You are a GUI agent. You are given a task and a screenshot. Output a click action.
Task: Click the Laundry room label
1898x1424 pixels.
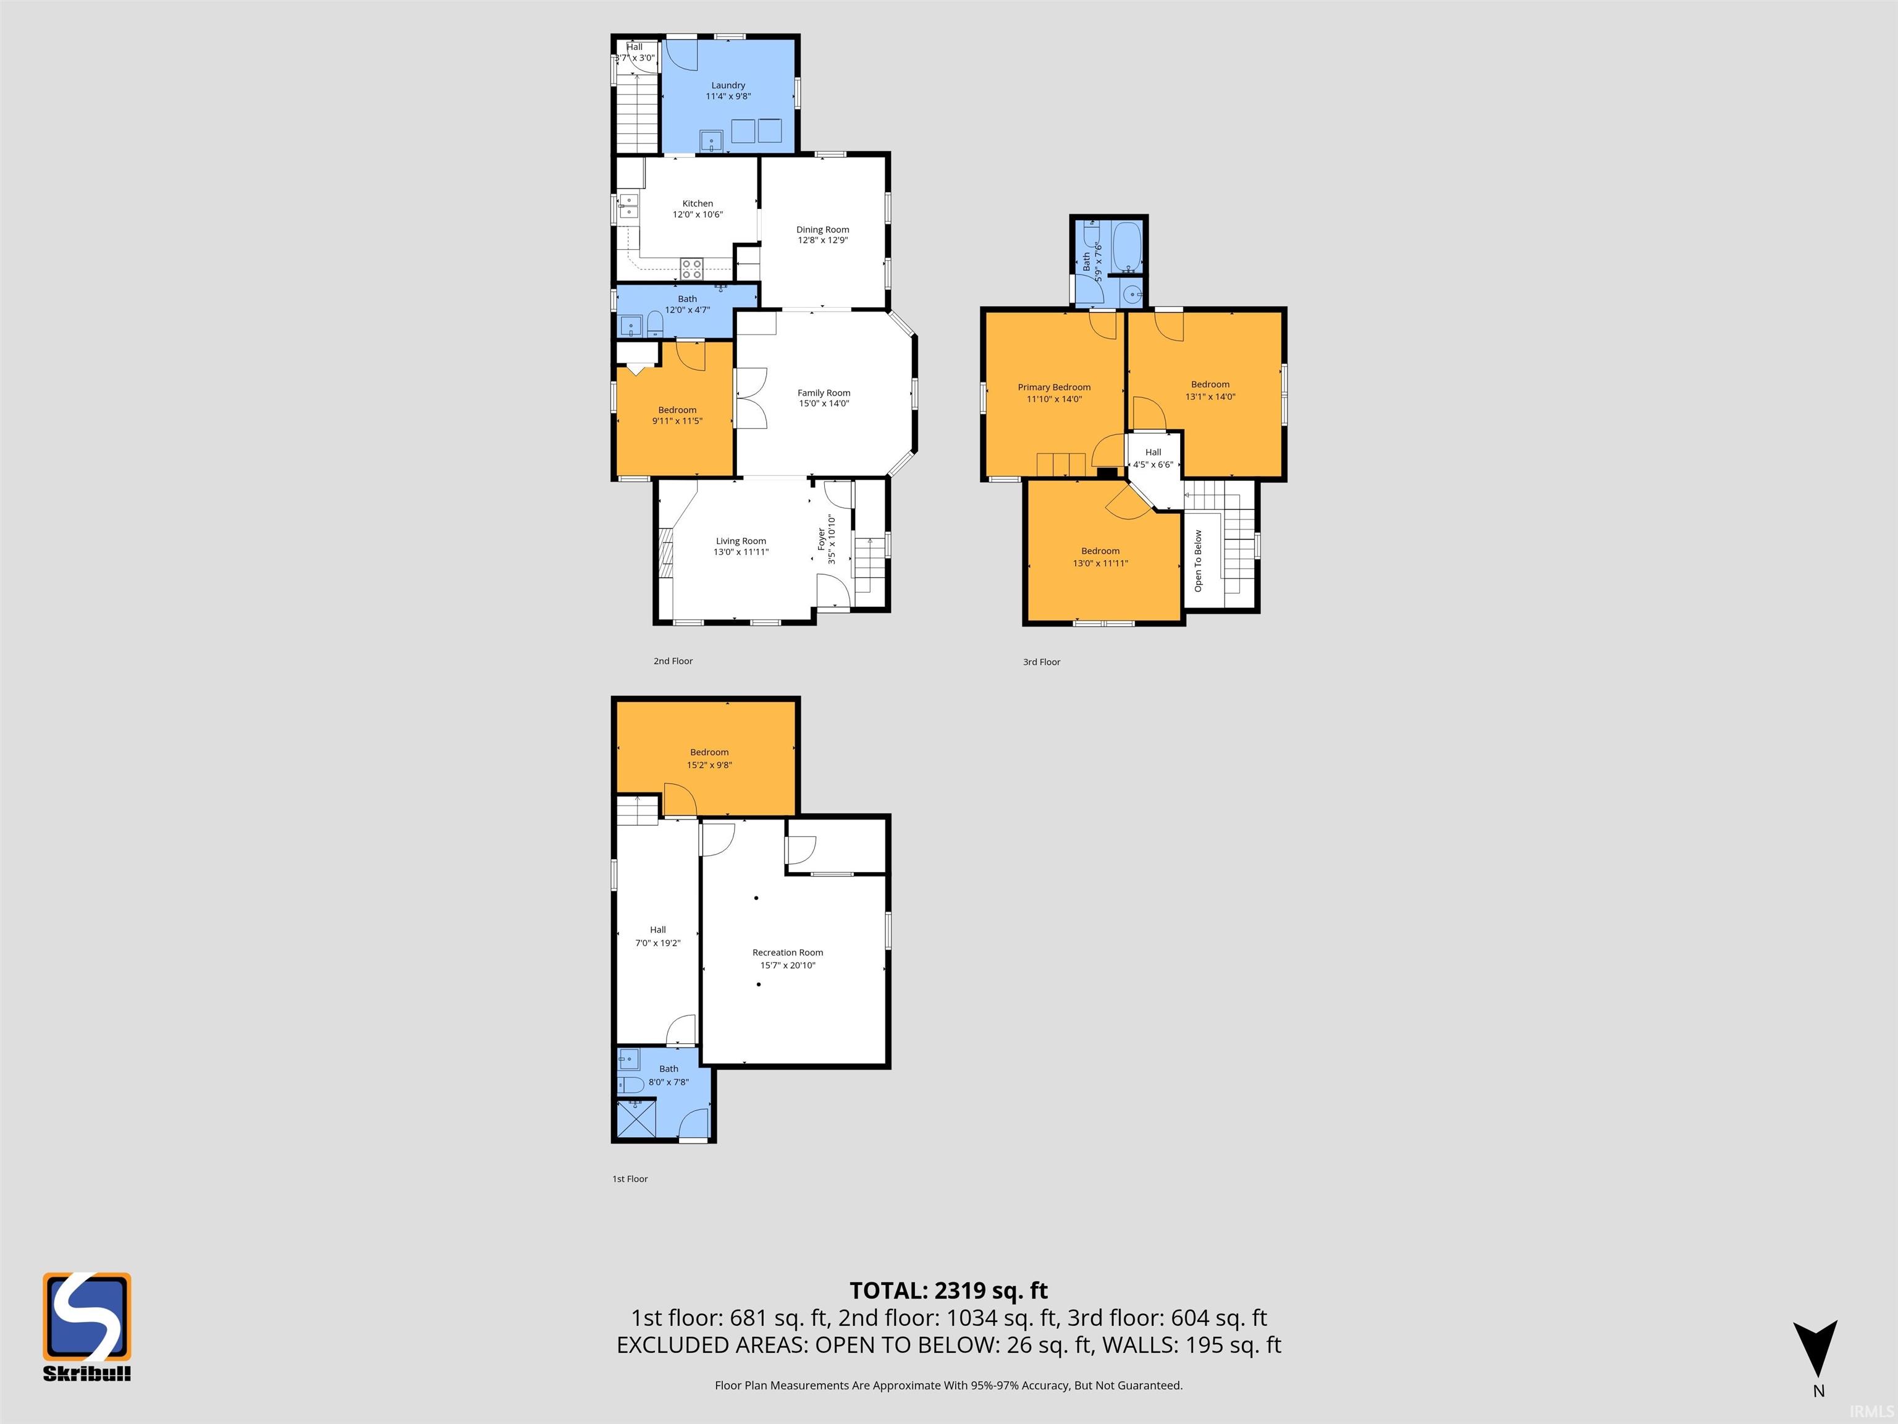[728, 85]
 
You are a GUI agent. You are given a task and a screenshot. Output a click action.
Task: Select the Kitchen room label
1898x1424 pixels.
[698, 203]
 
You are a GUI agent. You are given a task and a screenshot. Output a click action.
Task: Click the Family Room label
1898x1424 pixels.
[824, 392]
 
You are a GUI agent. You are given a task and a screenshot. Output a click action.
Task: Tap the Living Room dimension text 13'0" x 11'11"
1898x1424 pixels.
[741, 552]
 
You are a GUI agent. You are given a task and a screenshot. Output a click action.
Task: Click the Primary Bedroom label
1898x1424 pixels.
[1053, 387]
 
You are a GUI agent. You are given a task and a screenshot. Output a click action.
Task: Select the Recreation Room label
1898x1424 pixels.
[788, 952]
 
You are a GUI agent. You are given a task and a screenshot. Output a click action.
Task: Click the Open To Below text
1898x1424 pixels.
[1198, 561]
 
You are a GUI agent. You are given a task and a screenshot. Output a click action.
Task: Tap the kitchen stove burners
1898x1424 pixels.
[691, 269]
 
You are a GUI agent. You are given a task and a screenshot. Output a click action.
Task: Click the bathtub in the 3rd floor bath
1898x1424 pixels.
[1126, 247]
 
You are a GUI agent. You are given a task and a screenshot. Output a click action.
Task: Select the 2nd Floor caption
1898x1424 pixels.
[673, 661]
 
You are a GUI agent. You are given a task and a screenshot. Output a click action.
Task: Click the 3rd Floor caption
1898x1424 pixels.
[1042, 662]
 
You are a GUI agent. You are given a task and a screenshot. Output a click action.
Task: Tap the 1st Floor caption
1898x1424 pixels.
[630, 1179]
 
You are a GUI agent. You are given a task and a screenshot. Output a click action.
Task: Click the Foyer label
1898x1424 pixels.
[821, 539]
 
